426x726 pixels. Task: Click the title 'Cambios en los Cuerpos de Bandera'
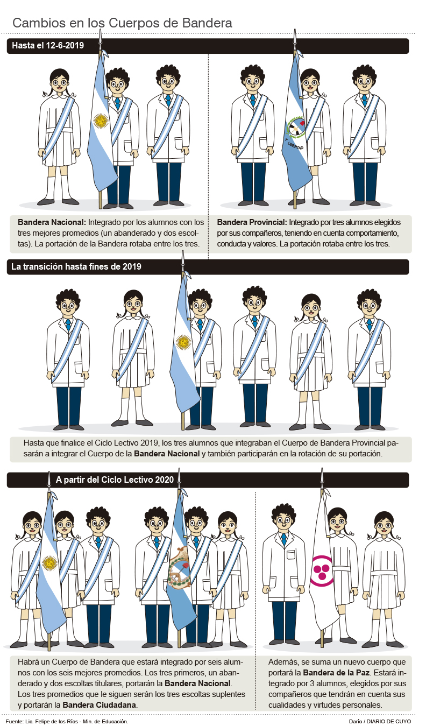click(122, 23)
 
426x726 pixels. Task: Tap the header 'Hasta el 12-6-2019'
click(48, 45)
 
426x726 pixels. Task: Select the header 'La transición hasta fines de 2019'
click(76, 266)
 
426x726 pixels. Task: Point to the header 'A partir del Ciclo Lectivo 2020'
click(115, 480)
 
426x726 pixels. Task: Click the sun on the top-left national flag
click(101, 121)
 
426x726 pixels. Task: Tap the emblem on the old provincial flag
click(295, 126)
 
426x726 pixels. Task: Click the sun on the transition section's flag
click(183, 342)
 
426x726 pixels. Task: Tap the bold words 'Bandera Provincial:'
click(252, 222)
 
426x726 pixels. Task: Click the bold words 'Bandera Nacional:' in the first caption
click(52, 222)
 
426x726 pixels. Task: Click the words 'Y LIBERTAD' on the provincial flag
click(294, 144)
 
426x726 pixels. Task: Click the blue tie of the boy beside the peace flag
click(284, 539)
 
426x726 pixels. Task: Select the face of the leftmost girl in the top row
click(59, 83)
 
